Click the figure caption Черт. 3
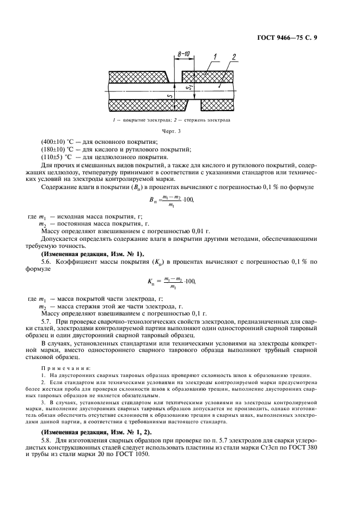[172, 131]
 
